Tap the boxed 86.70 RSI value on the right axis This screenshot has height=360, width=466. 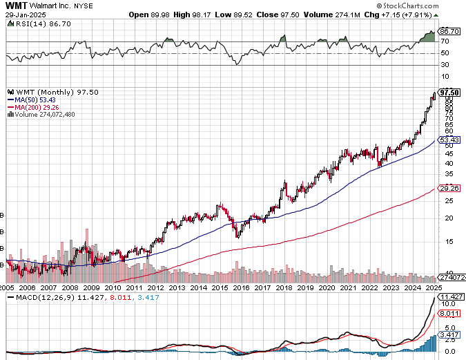pyautogui.click(x=449, y=31)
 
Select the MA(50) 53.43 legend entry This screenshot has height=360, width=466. pyautogui.click(x=30, y=100)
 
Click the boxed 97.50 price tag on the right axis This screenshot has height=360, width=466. pyautogui.click(x=449, y=92)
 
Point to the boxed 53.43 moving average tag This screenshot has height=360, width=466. pyautogui.click(x=449, y=140)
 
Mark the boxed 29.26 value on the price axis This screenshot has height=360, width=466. pyautogui.click(x=449, y=188)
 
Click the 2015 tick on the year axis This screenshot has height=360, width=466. pyautogui.click(x=220, y=287)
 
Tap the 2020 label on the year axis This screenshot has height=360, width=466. pyautogui.click(x=327, y=287)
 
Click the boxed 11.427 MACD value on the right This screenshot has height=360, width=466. pyautogui.click(x=451, y=297)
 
